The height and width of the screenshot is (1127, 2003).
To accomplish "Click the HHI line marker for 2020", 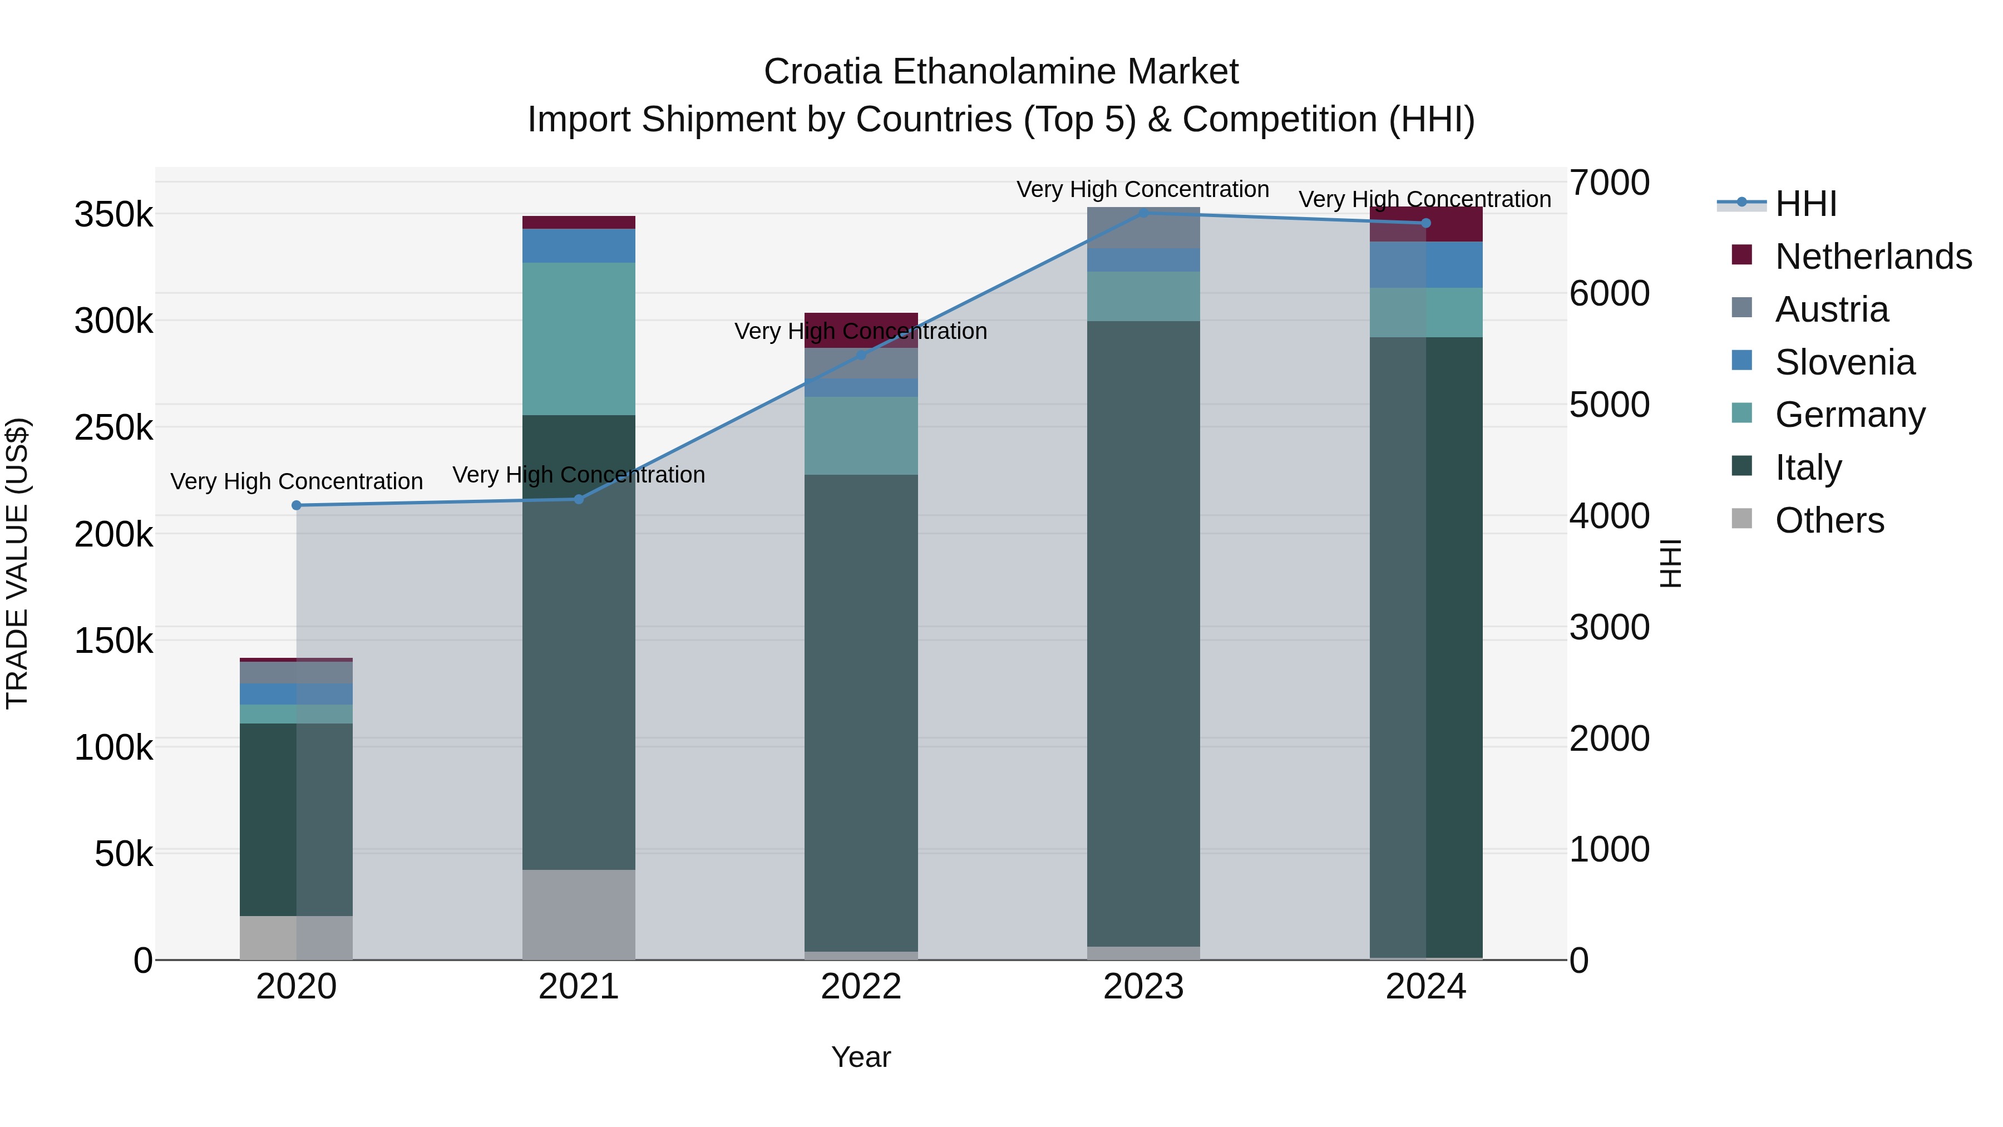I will [x=296, y=505].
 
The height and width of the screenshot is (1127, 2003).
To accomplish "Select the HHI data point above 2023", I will [x=1143, y=213].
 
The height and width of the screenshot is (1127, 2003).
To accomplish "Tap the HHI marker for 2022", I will [x=861, y=356].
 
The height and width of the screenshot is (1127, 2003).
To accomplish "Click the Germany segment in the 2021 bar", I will [x=579, y=338].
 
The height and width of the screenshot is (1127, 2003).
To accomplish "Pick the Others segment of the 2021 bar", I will [x=579, y=914].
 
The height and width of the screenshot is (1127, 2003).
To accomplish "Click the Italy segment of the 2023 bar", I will [x=1143, y=633].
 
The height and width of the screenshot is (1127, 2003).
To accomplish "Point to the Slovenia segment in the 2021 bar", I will [x=579, y=246].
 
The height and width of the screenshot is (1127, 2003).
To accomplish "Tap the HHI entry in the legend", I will [x=1805, y=203].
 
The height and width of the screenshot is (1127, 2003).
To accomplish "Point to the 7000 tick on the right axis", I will [x=1609, y=183].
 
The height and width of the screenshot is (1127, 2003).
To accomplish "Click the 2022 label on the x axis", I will [x=861, y=987].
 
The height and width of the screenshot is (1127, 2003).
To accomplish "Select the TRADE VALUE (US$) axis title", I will [x=17, y=563].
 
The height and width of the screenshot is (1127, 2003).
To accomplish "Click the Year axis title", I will [x=861, y=1057].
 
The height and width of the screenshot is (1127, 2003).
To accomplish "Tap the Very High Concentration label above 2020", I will [x=296, y=481].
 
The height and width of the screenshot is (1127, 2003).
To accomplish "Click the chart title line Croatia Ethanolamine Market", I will [x=1001, y=72].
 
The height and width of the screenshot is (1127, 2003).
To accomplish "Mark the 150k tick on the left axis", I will [x=114, y=642].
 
